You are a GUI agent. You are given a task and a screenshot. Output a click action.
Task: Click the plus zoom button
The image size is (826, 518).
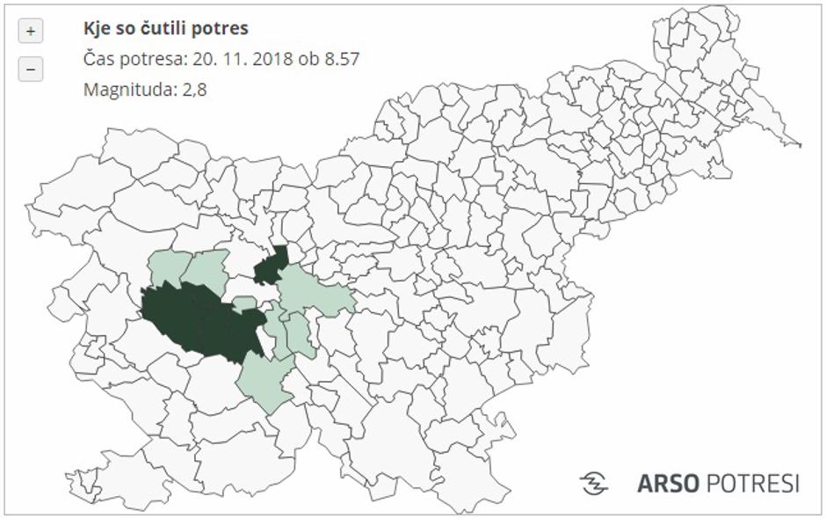(x=31, y=32)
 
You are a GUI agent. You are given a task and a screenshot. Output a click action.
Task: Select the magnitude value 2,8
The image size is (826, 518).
(x=194, y=89)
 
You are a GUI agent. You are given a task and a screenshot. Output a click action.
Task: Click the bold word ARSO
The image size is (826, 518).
(x=669, y=484)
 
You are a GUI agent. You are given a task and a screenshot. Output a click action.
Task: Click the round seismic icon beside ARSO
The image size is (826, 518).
(x=594, y=483)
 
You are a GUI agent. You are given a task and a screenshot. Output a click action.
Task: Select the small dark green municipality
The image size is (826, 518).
(x=271, y=266)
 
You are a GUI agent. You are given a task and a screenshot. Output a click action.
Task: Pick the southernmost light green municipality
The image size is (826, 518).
(x=265, y=383)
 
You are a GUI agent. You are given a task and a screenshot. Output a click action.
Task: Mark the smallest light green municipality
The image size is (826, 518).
(x=245, y=303)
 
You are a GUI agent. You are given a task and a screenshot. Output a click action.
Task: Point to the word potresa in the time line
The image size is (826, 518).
(x=156, y=59)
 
